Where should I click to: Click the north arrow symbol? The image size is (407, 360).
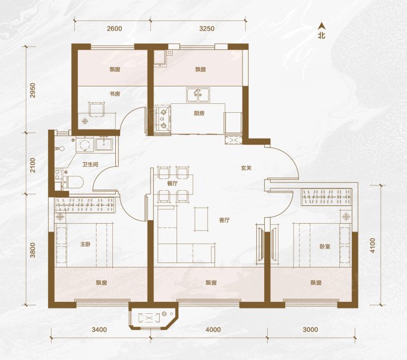click(x=322, y=25)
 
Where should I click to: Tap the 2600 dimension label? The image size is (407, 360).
click(x=115, y=28)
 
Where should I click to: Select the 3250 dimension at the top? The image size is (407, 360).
click(x=207, y=28)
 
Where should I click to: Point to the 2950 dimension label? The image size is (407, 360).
click(x=32, y=90)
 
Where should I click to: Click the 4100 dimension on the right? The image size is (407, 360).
click(x=372, y=245)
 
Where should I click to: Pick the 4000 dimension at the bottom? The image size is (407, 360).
click(x=213, y=329)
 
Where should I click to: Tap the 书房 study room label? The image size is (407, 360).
click(x=115, y=94)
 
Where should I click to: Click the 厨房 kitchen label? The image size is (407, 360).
click(x=199, y=113)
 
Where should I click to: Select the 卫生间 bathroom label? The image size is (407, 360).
click(x=90, y=164)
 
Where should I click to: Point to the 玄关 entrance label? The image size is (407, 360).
click(x=246, y=168)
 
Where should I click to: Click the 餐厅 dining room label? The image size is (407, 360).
click(x=172, y=184)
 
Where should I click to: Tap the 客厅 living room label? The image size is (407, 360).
click(x=225, y=220)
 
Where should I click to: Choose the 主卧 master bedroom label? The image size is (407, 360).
click(x=85, y=244)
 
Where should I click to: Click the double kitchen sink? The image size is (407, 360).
click(x=198, y=95)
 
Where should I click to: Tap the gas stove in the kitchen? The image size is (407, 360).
click(x=163, y=119)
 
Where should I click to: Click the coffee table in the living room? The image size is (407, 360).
click(x=202, y=219)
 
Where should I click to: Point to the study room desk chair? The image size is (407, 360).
click(x=97, y=109)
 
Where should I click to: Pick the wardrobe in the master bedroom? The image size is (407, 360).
click(x=85, y=205)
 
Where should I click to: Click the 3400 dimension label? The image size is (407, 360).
click(x=99, y=329)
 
